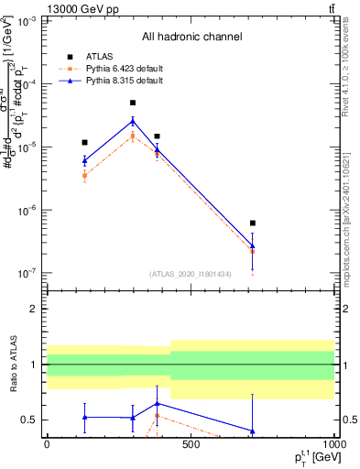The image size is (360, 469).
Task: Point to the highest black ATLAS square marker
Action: [133, 103]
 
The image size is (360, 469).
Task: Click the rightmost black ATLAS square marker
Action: [252, 223]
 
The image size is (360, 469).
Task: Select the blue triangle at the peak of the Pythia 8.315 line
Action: [133, 121]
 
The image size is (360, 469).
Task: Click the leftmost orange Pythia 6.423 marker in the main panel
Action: [84, 175]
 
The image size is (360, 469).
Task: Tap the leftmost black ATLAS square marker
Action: [84, 142]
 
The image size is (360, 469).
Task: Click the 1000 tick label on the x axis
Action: [333, 445]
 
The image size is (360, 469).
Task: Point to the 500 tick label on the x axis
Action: [190, 445]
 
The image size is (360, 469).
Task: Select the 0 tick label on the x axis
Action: [47, 445]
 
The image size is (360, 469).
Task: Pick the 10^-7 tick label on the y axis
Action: [27, 273]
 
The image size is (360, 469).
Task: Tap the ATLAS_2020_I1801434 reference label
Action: [190, 273]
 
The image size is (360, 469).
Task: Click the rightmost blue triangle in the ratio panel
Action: [252, 431]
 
